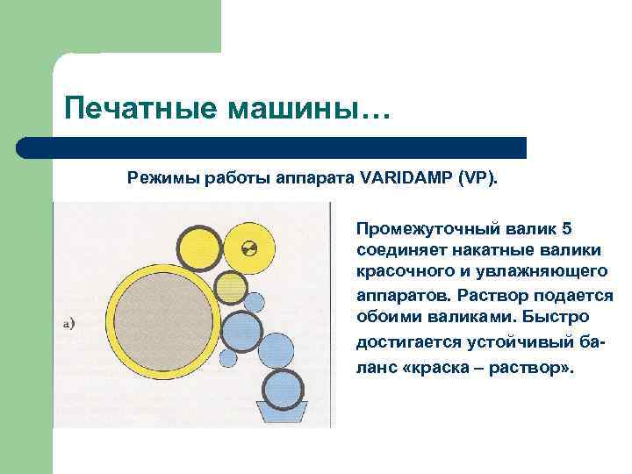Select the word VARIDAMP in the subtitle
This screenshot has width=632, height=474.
click(405, 178)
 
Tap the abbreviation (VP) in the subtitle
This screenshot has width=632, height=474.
click(477, 178)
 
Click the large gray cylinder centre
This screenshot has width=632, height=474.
click(162, 318)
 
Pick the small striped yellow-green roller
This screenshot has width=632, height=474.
click(230, 285)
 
